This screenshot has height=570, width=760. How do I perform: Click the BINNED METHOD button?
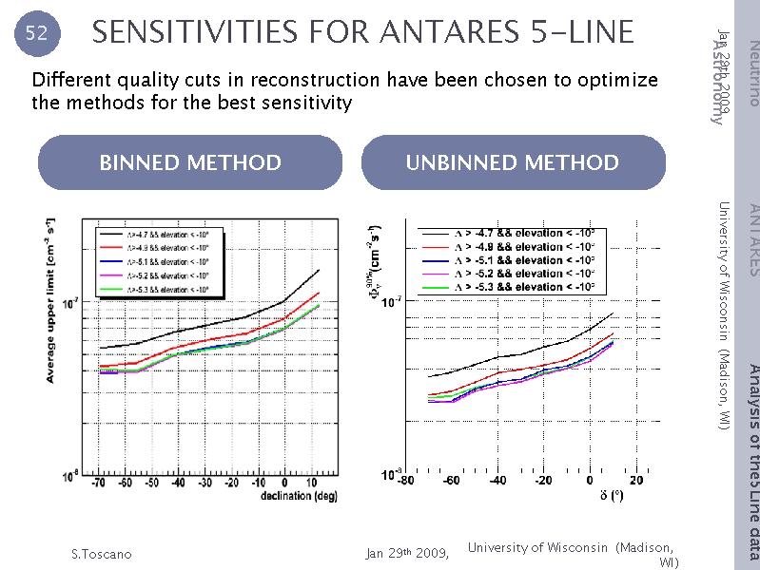pyautogui.click(x=190, y=162)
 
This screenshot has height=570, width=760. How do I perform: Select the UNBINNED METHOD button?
pyautogui.click(x=513, y=162)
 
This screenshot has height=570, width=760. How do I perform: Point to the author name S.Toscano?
pyautogui.click(x=102, y=554)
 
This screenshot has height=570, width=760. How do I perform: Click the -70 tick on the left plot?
pyautogui.click(x=99, y=484)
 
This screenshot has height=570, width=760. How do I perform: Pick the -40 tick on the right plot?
pyautogui.click(x=497, y=480)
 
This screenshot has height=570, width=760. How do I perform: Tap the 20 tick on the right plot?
pyautogui.click(x=635, y=480)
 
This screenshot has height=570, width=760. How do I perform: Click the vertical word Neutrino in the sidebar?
pyautogui.click(x=752, y=72)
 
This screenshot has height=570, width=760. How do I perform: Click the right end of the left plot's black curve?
pyautogui.click(x=319, y=271)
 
